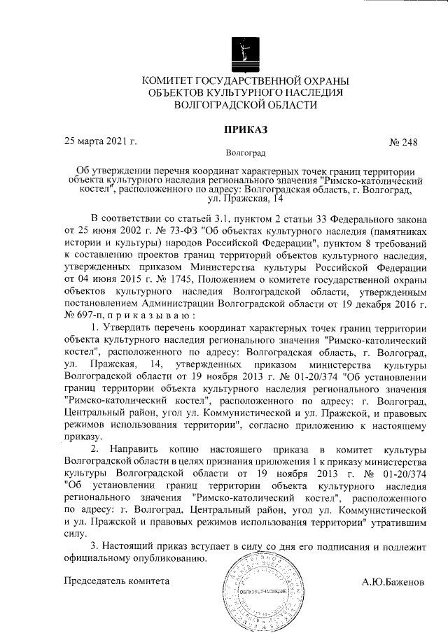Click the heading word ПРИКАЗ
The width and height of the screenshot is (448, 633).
coord(245,129)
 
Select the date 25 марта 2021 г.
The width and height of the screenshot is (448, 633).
coord(100,142)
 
